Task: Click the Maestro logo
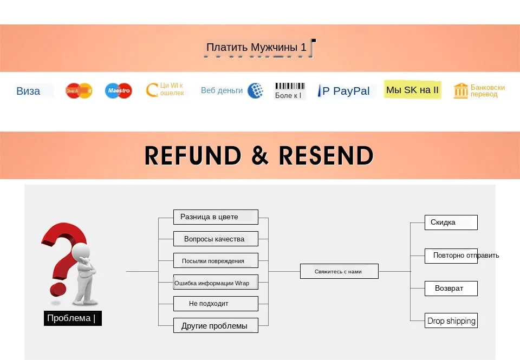[118, 91]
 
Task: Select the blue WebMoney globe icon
[255, 90]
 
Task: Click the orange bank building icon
[460, 90]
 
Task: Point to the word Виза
[28, 91]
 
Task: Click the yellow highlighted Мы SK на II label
[412, 90]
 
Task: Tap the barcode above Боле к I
[290, 86]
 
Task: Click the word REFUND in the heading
[193, 156]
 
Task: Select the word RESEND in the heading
[326, 156]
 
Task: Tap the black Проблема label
[72, 318]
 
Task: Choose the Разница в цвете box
[216, 217]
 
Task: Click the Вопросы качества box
[216, 239]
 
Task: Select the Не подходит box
[216, 304]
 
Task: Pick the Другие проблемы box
[216, 326]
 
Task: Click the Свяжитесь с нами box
[339, 271]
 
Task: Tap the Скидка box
[451, 222]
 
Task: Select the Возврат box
[451, 289]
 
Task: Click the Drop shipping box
[451, 320]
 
